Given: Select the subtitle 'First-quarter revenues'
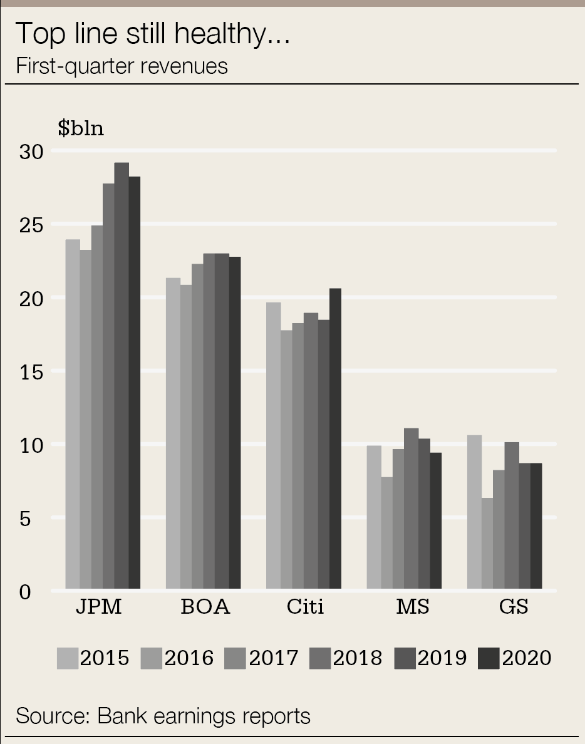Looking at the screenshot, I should [122, 66].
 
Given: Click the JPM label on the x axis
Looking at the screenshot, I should [99, 607].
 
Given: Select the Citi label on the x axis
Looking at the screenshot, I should [305, 607].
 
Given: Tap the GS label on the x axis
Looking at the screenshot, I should [514, 607].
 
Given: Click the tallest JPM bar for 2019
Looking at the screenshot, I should [122, 376].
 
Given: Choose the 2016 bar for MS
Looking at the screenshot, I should [386, 533].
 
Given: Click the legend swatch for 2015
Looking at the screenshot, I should [68, 658].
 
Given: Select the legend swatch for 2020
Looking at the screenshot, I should [489, 658].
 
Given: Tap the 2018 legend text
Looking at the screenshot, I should [358, 658].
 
